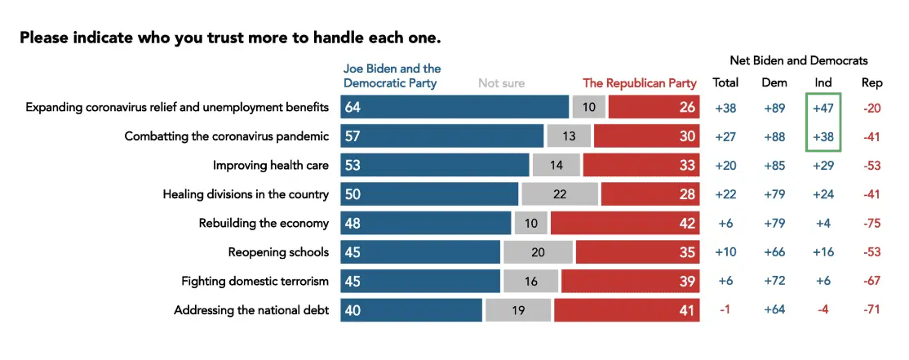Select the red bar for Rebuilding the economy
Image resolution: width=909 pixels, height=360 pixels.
pyautogui.click(x=624, y=223)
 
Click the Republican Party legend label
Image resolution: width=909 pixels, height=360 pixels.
pyautogui.click(x=639, y=83)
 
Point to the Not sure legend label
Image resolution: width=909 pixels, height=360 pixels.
pyautogui.click(x=501, y=83)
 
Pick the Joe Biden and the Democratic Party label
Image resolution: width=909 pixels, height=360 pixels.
pyautogui.click(x=392, y=76)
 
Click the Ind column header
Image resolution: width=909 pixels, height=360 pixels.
pyautogui.click(x=823, y=82)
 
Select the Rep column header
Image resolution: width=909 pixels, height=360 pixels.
pyautogui.click(x=871, y=82)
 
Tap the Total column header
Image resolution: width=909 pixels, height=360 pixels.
pyautogui.click(x=725, y=82)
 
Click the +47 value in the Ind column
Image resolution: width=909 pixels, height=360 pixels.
pyautogui.click(x=823, y=108)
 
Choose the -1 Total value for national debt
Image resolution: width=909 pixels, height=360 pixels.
pyautogui.click(x=725, y=310)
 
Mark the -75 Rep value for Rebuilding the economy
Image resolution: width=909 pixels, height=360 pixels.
pyautogui.click(x=871, y=224)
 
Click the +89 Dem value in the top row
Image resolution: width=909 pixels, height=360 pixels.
pyautogui.click(x=774, y=108)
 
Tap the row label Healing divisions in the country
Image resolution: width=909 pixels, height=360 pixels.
pyautogui.click(x=246, y=194)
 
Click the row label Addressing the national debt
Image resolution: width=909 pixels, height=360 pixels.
pyautogui.click(x=251, y=310)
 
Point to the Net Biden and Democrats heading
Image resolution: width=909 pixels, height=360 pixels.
pyautogui.click(x=798, y=60)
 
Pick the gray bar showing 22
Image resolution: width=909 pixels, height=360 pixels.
pyautogui.click(x=559, y=194)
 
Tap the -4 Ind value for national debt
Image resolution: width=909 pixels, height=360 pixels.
pyautogui.click(x=823, y=310)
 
